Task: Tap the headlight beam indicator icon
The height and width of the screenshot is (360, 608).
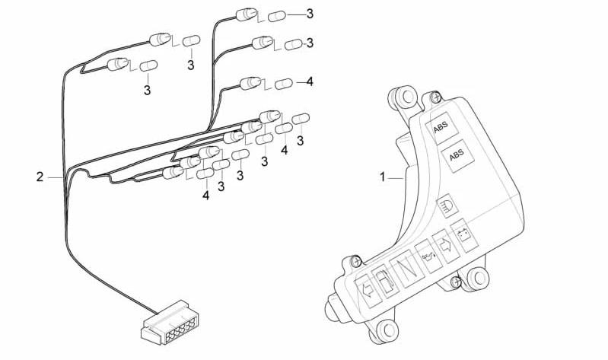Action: [447, 205]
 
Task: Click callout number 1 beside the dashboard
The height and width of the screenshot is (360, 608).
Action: [384, 177]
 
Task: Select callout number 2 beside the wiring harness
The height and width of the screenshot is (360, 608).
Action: [40, 177]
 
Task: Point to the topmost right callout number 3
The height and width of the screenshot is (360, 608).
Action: [309, 14]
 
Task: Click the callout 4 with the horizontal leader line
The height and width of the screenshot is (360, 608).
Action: [310, 81]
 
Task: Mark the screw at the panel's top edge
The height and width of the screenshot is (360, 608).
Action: [435, 97]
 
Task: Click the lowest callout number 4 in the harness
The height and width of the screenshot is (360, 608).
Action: [205, 196]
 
